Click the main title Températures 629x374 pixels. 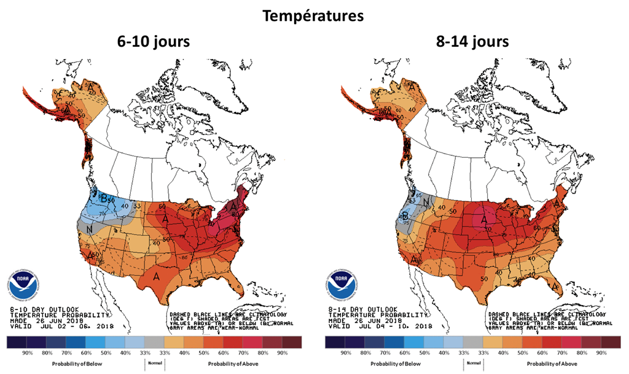pos(314,16)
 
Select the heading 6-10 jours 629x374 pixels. pos(154,42)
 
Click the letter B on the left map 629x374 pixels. pos(105,198)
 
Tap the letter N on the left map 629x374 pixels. pos(90,230)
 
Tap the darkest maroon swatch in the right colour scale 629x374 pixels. pos(610,341)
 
